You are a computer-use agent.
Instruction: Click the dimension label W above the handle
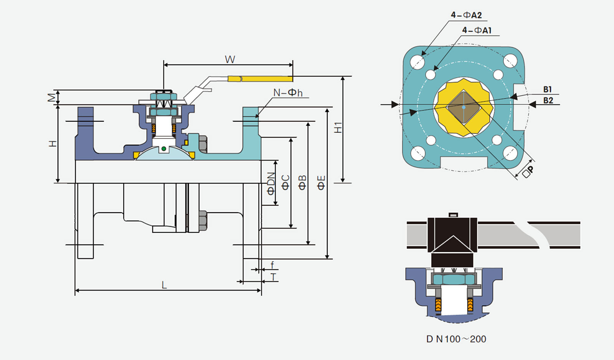(x=230, y=59)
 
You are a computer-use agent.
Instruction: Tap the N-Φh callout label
(x=288, y=92)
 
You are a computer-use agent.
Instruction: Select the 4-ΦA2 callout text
(x=466, y=15)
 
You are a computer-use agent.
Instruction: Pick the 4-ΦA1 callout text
(x=477, y=30)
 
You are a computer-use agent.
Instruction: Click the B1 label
(x=547, y=89)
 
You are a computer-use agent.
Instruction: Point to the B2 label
(x=548, y=100)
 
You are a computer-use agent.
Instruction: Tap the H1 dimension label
(x=338, y=127)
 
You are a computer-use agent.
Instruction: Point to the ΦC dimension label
(x=286, y=183)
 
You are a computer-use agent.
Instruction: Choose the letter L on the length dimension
(x=164, y=285)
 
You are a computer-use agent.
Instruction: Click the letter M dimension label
(x=52, y=97)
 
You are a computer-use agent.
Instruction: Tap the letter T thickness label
(x=273, y=277)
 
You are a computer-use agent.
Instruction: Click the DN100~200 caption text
(x=456, y=339)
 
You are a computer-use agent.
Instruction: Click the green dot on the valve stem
(x=163, y=149)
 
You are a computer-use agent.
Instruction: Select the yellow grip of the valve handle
(x=260, y=79)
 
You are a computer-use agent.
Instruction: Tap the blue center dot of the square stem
(x=464, y=107)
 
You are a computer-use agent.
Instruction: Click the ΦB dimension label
(x=302, y=183)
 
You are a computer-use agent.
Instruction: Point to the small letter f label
(x=272, y=265)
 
